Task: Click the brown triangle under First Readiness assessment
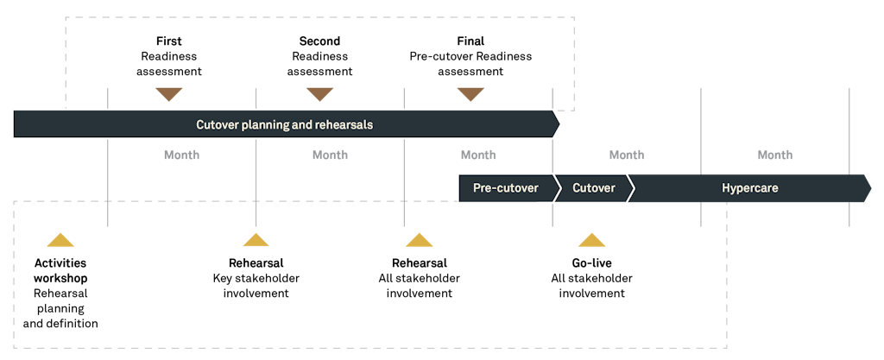168,94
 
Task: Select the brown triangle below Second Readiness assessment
319,94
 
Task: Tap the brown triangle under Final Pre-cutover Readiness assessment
470,94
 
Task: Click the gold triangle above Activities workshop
60,241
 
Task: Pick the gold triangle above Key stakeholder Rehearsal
255,240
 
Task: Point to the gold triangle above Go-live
591,241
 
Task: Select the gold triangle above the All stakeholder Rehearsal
419,241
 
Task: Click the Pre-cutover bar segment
505,187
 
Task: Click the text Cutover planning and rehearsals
284,124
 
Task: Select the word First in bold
168,41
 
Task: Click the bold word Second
319,41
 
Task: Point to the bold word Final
470,41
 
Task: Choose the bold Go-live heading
591,262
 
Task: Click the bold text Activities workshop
60,270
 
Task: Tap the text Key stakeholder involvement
256,286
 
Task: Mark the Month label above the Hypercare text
774,155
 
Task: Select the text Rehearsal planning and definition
65,308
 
